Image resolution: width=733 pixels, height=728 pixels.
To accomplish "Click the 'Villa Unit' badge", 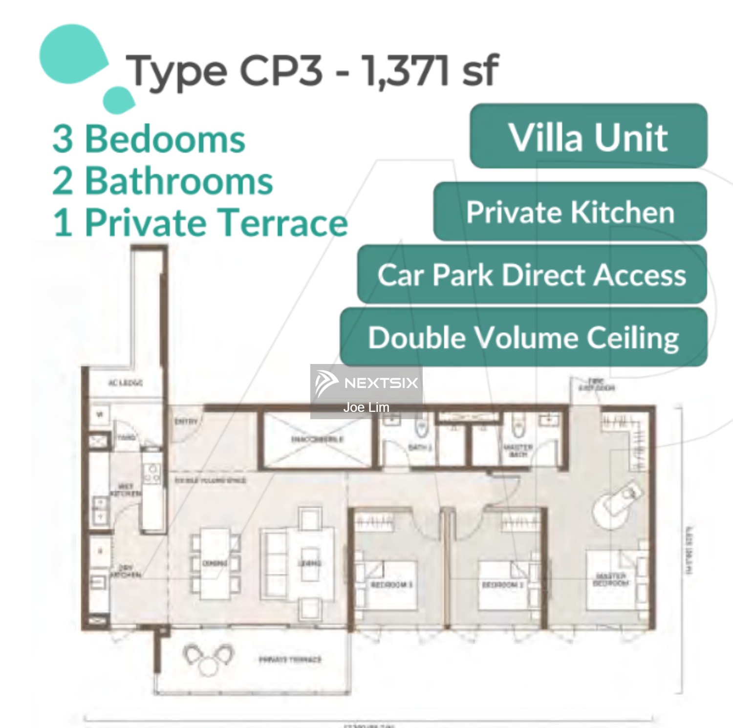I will (588, 137).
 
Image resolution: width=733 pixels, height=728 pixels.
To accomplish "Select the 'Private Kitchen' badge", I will (570, 212).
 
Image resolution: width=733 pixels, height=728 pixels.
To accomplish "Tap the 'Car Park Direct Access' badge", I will (532, 275).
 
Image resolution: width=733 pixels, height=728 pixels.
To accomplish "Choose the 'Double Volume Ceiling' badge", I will (523, 337).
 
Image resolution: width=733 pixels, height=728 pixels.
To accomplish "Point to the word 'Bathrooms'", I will (179, 181).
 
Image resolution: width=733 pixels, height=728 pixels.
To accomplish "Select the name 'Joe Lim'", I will (366, 407).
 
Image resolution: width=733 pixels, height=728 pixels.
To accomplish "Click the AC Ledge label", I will (125, 383).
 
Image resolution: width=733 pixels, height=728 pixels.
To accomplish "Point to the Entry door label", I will (186, 421).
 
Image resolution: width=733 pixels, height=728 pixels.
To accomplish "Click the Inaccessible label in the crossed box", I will (317, 439).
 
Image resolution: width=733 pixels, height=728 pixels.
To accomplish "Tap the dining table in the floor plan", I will (215, 563).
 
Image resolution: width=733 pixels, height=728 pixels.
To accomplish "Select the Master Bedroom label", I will (610, 579).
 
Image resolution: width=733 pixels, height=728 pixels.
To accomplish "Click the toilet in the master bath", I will (518, 429).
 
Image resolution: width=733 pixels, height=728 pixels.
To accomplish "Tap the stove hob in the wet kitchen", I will (152, 472).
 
